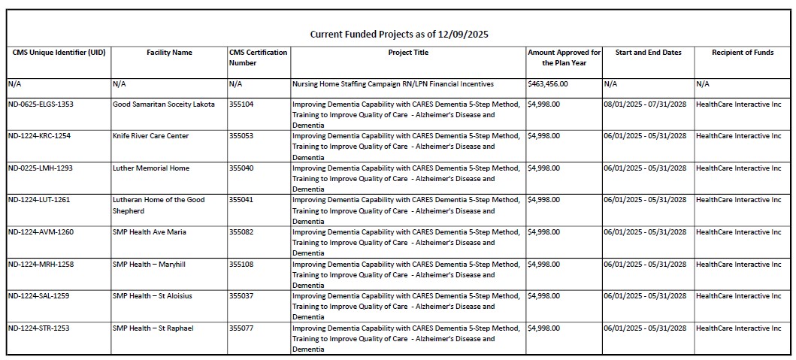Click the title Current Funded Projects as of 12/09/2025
[400, 35]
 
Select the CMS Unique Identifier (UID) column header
[59, 53]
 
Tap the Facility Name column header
[169, 53]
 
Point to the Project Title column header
[408, 53]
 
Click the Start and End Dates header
[648, 53]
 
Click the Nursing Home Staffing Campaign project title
[392, 84]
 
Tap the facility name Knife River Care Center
[150, 136]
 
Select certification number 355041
[241, 200]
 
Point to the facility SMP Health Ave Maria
[149, 231]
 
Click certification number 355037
[241, 296]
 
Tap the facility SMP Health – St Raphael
[153, 328]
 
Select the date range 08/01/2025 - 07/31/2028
[644, 104]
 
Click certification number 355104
[241, 104]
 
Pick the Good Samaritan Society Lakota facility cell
[163, 104]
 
